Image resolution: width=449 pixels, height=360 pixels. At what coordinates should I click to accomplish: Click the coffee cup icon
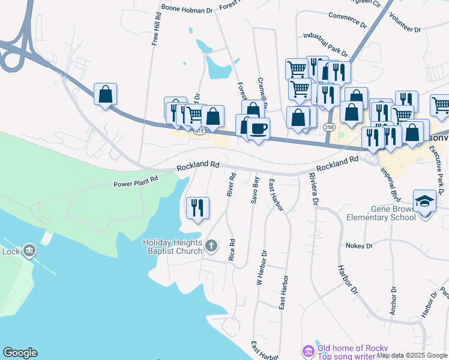(258, 128)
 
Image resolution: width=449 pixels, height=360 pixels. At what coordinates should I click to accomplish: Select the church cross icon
(211, 245)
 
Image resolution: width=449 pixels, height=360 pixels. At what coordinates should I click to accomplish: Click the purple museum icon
(308, 350)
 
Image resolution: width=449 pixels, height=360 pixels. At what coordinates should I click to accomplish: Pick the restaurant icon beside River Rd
(198, 208)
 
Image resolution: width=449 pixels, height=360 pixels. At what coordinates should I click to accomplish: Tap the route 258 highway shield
(329, 127)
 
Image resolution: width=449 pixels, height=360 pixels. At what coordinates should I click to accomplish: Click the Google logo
(20, 353)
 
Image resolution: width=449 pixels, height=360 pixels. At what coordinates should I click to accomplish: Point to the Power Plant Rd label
(136, 178)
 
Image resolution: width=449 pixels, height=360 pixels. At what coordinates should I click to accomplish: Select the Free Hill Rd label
(155, 30)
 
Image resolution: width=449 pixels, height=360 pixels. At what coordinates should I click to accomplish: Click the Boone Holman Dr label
(187, 9)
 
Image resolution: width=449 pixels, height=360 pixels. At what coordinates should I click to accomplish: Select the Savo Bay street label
(256, 190)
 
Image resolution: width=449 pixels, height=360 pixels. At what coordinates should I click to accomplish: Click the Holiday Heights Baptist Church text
(172, 247)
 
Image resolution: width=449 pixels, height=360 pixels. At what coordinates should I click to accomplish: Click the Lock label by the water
(11, 251)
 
